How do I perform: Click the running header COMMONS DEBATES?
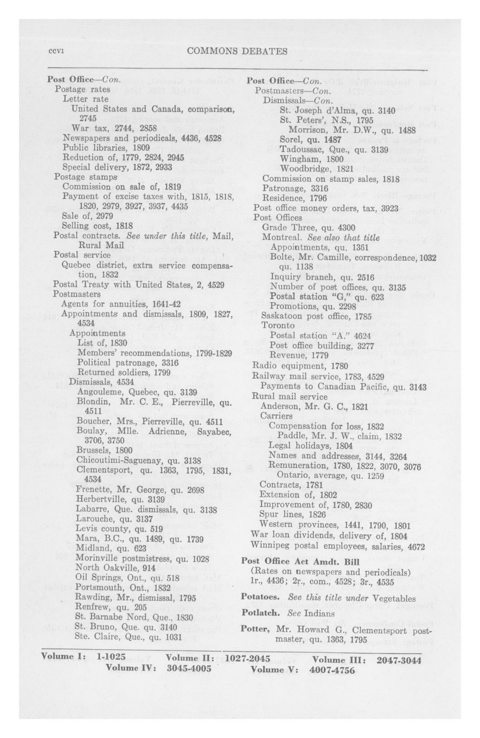[237, 51]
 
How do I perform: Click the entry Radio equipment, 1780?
[300, 366]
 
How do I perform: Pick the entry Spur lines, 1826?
[293, 514]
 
